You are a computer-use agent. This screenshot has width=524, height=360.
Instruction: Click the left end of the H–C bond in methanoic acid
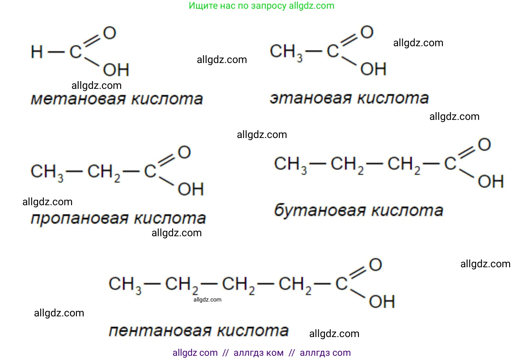point(48,52)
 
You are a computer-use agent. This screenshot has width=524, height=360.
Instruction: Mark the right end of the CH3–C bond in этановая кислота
point(322,51)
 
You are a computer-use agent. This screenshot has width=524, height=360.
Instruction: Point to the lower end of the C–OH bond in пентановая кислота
point(365,297)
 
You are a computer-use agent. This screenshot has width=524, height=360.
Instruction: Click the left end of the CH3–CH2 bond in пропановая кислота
point(66,171)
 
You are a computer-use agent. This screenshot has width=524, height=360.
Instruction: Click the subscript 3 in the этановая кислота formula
point(300,58)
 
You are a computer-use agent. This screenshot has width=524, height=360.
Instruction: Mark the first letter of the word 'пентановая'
point(114,331)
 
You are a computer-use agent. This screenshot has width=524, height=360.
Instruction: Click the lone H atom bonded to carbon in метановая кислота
point(37,52)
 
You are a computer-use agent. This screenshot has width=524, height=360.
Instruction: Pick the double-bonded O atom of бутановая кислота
point(485,144)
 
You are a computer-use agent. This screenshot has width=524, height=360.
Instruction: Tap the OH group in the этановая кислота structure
point(373,69)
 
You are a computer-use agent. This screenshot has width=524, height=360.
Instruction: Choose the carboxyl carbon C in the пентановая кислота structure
point(341,284)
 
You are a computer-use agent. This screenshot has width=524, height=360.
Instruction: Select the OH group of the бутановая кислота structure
point(491,181)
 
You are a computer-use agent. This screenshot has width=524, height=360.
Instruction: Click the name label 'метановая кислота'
point(117,99)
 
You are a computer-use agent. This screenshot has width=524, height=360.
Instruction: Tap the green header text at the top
point(262,5)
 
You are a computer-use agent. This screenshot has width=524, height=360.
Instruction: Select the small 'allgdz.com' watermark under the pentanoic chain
point(207,300)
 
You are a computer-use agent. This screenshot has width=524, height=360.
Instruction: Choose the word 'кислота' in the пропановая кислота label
point(170,218)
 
